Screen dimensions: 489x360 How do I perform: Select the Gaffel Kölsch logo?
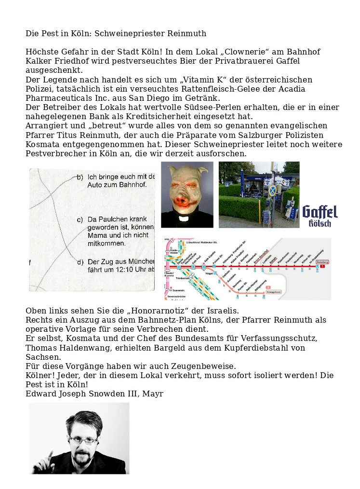(x=320, y=216)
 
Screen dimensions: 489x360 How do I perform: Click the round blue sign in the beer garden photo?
(x=273, y=190)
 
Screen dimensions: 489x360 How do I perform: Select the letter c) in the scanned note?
(x=80, y=219)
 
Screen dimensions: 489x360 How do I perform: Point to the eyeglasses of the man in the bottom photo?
(x=83, y=440)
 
